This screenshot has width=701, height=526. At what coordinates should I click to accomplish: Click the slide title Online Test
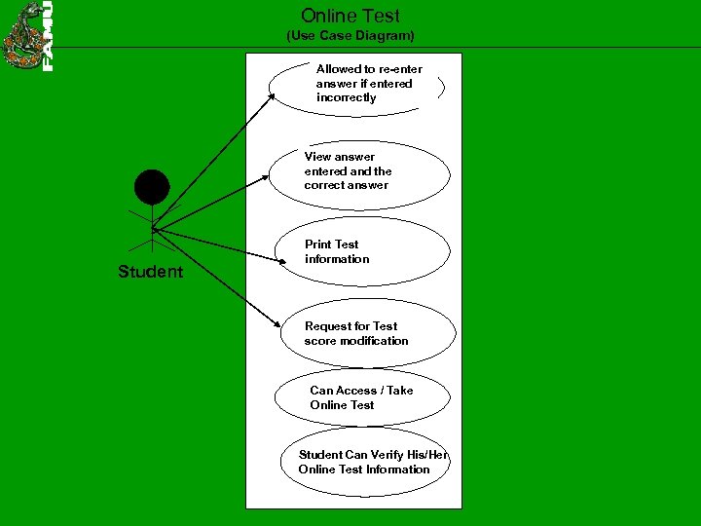click(350, 16)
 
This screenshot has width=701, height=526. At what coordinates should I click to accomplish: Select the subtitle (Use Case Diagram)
click(350, 36)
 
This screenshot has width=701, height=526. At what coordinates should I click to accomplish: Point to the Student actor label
click(150, 272)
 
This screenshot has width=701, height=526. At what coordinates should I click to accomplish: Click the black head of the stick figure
click(152, 186)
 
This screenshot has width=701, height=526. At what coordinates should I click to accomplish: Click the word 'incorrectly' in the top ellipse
click(346, 97)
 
